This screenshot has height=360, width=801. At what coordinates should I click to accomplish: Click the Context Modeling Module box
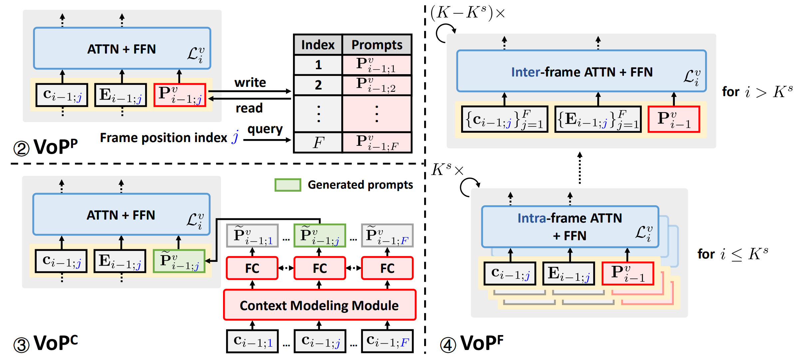[x=320, y=305]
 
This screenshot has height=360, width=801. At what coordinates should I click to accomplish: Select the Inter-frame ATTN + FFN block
[x=581, y=71]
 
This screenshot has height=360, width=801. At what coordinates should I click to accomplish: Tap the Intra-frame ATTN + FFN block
[x=570, y=227]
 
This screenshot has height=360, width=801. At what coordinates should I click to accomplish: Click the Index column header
[x=318, y=45]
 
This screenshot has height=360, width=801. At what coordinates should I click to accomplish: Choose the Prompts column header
[x=377, y=45]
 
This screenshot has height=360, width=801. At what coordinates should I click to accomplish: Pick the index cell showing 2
[x=318, y=85]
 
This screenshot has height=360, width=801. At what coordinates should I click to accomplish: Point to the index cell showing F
[x=318, y=143]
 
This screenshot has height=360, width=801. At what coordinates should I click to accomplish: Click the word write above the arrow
[x=250, y=83]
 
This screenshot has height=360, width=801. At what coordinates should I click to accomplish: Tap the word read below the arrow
[x=249, y=108]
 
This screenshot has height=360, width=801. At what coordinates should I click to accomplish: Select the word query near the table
[x=265, y=129]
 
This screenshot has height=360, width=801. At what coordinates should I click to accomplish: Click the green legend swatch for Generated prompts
[x=288, y=185]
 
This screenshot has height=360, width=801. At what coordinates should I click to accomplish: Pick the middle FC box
[x=320, y=268]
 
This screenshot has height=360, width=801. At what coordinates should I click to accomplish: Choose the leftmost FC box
[x=252, y=268]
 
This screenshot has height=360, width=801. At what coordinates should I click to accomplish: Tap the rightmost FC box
[x=387, y=268]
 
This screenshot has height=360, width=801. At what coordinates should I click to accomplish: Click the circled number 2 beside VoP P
[x=21, y=149]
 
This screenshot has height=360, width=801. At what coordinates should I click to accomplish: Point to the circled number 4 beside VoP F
[x=448, y=345]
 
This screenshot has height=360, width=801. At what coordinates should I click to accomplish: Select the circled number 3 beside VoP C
[x=21, y=345]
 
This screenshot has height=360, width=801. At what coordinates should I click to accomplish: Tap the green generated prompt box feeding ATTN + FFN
[x=179, y=261]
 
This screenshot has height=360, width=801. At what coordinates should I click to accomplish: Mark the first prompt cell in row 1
[x=377, y=65]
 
